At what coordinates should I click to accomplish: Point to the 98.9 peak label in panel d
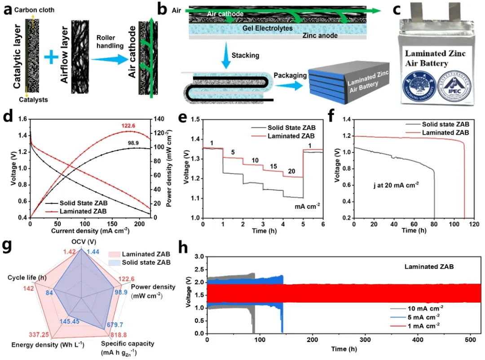132,142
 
